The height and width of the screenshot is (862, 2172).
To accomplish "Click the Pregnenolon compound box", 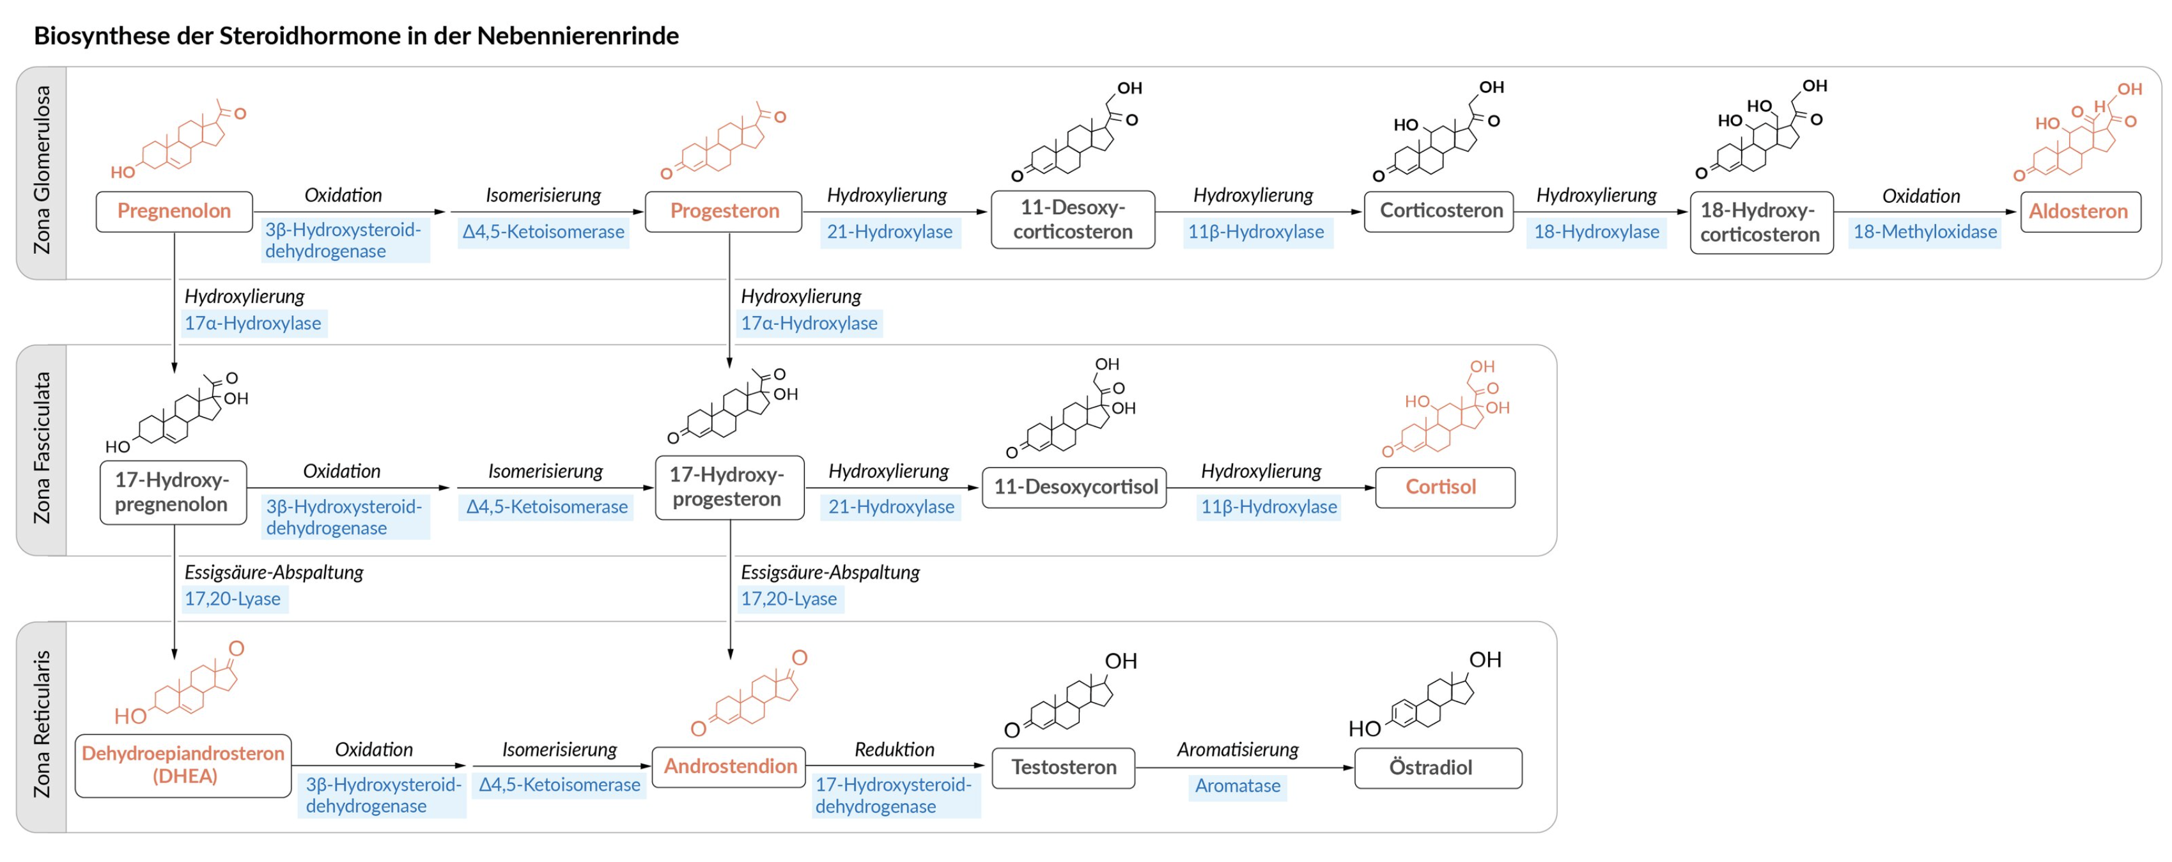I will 174,211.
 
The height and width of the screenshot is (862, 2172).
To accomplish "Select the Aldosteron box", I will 2079,211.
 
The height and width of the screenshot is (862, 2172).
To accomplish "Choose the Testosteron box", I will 1063,767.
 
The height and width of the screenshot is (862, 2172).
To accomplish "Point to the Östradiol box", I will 1438,767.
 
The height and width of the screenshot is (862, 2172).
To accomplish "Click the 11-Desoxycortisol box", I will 1074,487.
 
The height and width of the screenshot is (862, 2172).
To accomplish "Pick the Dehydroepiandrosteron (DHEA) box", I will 183,765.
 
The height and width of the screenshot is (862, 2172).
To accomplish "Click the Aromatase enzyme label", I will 1237,786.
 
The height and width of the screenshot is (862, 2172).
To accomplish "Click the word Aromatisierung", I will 1237,749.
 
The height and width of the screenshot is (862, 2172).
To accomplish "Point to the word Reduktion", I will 894,749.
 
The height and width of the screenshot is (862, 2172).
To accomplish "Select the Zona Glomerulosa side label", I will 42,172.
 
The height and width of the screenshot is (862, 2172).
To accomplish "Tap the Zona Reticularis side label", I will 42,725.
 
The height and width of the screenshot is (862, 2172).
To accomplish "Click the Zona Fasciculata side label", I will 42,449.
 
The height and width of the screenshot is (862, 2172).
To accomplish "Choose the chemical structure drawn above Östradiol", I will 1425,696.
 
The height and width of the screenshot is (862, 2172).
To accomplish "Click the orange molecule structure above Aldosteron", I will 2079,135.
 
